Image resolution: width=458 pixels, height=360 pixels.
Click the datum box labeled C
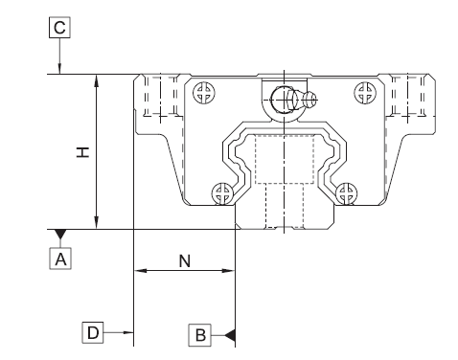(59, 29)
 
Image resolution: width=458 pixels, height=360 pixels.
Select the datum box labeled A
(60, 258)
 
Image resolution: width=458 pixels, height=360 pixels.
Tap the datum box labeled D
(92, 332)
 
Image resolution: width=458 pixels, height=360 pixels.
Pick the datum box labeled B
(200, 333)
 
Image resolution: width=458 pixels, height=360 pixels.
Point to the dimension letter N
(184, 259)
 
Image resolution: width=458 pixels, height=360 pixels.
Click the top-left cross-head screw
(202, 93)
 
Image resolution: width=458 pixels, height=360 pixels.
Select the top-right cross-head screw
(362, 93)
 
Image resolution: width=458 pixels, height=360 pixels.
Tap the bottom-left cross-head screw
(223, 192)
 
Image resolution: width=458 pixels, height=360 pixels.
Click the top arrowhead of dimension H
(96, 79)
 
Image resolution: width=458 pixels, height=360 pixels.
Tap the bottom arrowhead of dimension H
(96, 223)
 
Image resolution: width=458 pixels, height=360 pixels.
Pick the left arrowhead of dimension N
(140, 271)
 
